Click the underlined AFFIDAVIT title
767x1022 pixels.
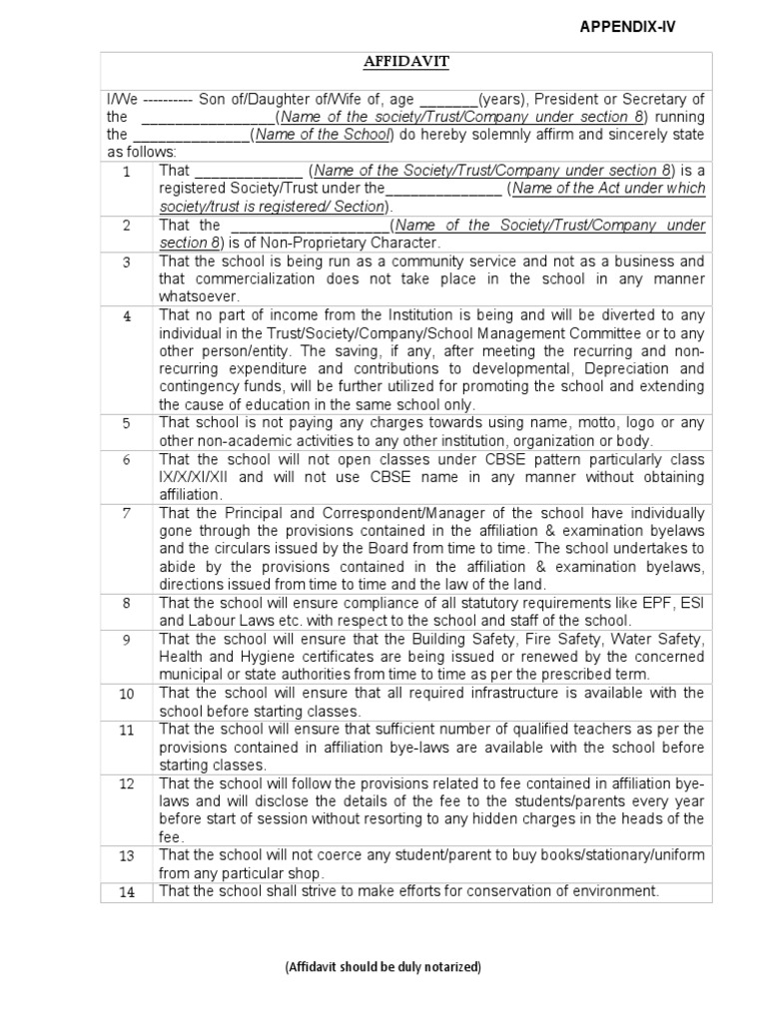pyautogui.click(x=405, y=62)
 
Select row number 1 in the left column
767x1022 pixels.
pyautogui.click(x=127, y=172)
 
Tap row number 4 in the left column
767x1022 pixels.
pyautogui.click(x=127, y=316)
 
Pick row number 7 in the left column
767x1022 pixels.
pyautogui.click(x=127, y=513)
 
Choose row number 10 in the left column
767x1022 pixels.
pyautogui.click(x=127, y=693)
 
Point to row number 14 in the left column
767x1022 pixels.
pyautogui.click(x=127, y=892)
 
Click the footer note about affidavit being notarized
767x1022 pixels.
pyautogui.click(x=383, y=967)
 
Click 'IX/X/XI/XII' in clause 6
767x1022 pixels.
pyautogui.click(x=198, y=477)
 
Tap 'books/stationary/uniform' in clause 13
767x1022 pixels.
pyautogui.click(x=584, y=855)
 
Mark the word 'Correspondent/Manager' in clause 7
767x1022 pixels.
pyautogui.click(x=328, y=513)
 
